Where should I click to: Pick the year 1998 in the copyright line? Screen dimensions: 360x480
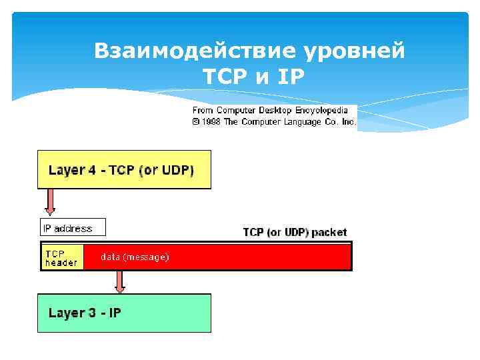[x=212, y=122]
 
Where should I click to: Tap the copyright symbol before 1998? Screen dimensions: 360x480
[x=196, y=122]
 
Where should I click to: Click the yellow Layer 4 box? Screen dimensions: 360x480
[x=124, y=169]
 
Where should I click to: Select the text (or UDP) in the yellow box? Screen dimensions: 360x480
[x=167, y=170]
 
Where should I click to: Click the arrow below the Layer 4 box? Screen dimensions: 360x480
[x=51, y=201]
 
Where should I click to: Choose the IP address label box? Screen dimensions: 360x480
[x=73, y=228]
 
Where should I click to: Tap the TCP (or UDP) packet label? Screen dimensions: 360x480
[x=295, y=233]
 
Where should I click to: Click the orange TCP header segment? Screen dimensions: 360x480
[x=62, y=257]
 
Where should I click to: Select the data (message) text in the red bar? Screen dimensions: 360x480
[x=135, y=257]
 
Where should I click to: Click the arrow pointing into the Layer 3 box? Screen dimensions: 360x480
[x=120, y=281]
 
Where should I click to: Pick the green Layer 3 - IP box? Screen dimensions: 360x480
[x=124, y=313]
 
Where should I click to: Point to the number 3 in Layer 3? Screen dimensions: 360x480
[x=91, y=313]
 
